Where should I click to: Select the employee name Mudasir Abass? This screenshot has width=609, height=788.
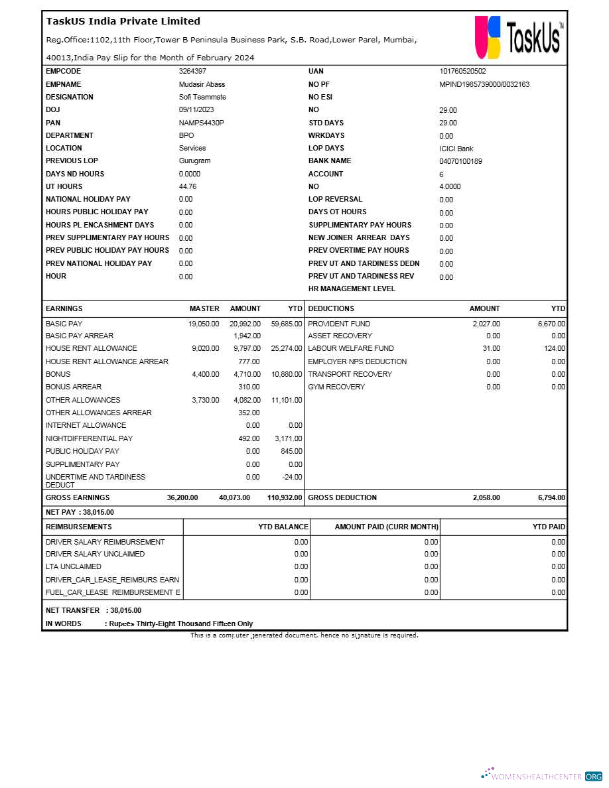(202, 84)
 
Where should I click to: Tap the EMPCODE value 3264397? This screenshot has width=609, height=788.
(192, 71)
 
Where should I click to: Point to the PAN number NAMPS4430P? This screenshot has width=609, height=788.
(201, 123)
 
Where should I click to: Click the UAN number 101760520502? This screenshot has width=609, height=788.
(462, 71)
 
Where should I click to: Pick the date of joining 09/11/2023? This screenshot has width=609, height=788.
(196, 109)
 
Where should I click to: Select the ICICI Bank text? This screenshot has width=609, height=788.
(456, 149)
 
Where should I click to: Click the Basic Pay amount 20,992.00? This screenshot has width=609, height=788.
(245, 324)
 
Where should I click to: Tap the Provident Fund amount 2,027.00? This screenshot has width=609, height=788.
(486, 324)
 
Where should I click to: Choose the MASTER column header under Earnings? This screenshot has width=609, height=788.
(204, 308)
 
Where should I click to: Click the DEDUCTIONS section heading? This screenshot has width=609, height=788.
(331, 308)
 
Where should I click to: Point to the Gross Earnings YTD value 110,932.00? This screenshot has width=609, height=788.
(285, 497)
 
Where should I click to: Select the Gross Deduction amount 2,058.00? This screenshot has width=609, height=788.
(486, 497)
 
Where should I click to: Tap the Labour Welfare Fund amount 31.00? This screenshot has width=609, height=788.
(492, 348)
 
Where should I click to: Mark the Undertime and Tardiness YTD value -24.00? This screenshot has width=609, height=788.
(291, 477)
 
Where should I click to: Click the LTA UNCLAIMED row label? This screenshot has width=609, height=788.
(74, 566)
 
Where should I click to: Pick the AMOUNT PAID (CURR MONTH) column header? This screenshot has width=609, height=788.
(386, 527)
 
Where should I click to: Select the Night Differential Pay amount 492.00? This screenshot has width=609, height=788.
(249, 438)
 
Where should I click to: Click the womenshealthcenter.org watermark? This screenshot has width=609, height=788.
(542, 775)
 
